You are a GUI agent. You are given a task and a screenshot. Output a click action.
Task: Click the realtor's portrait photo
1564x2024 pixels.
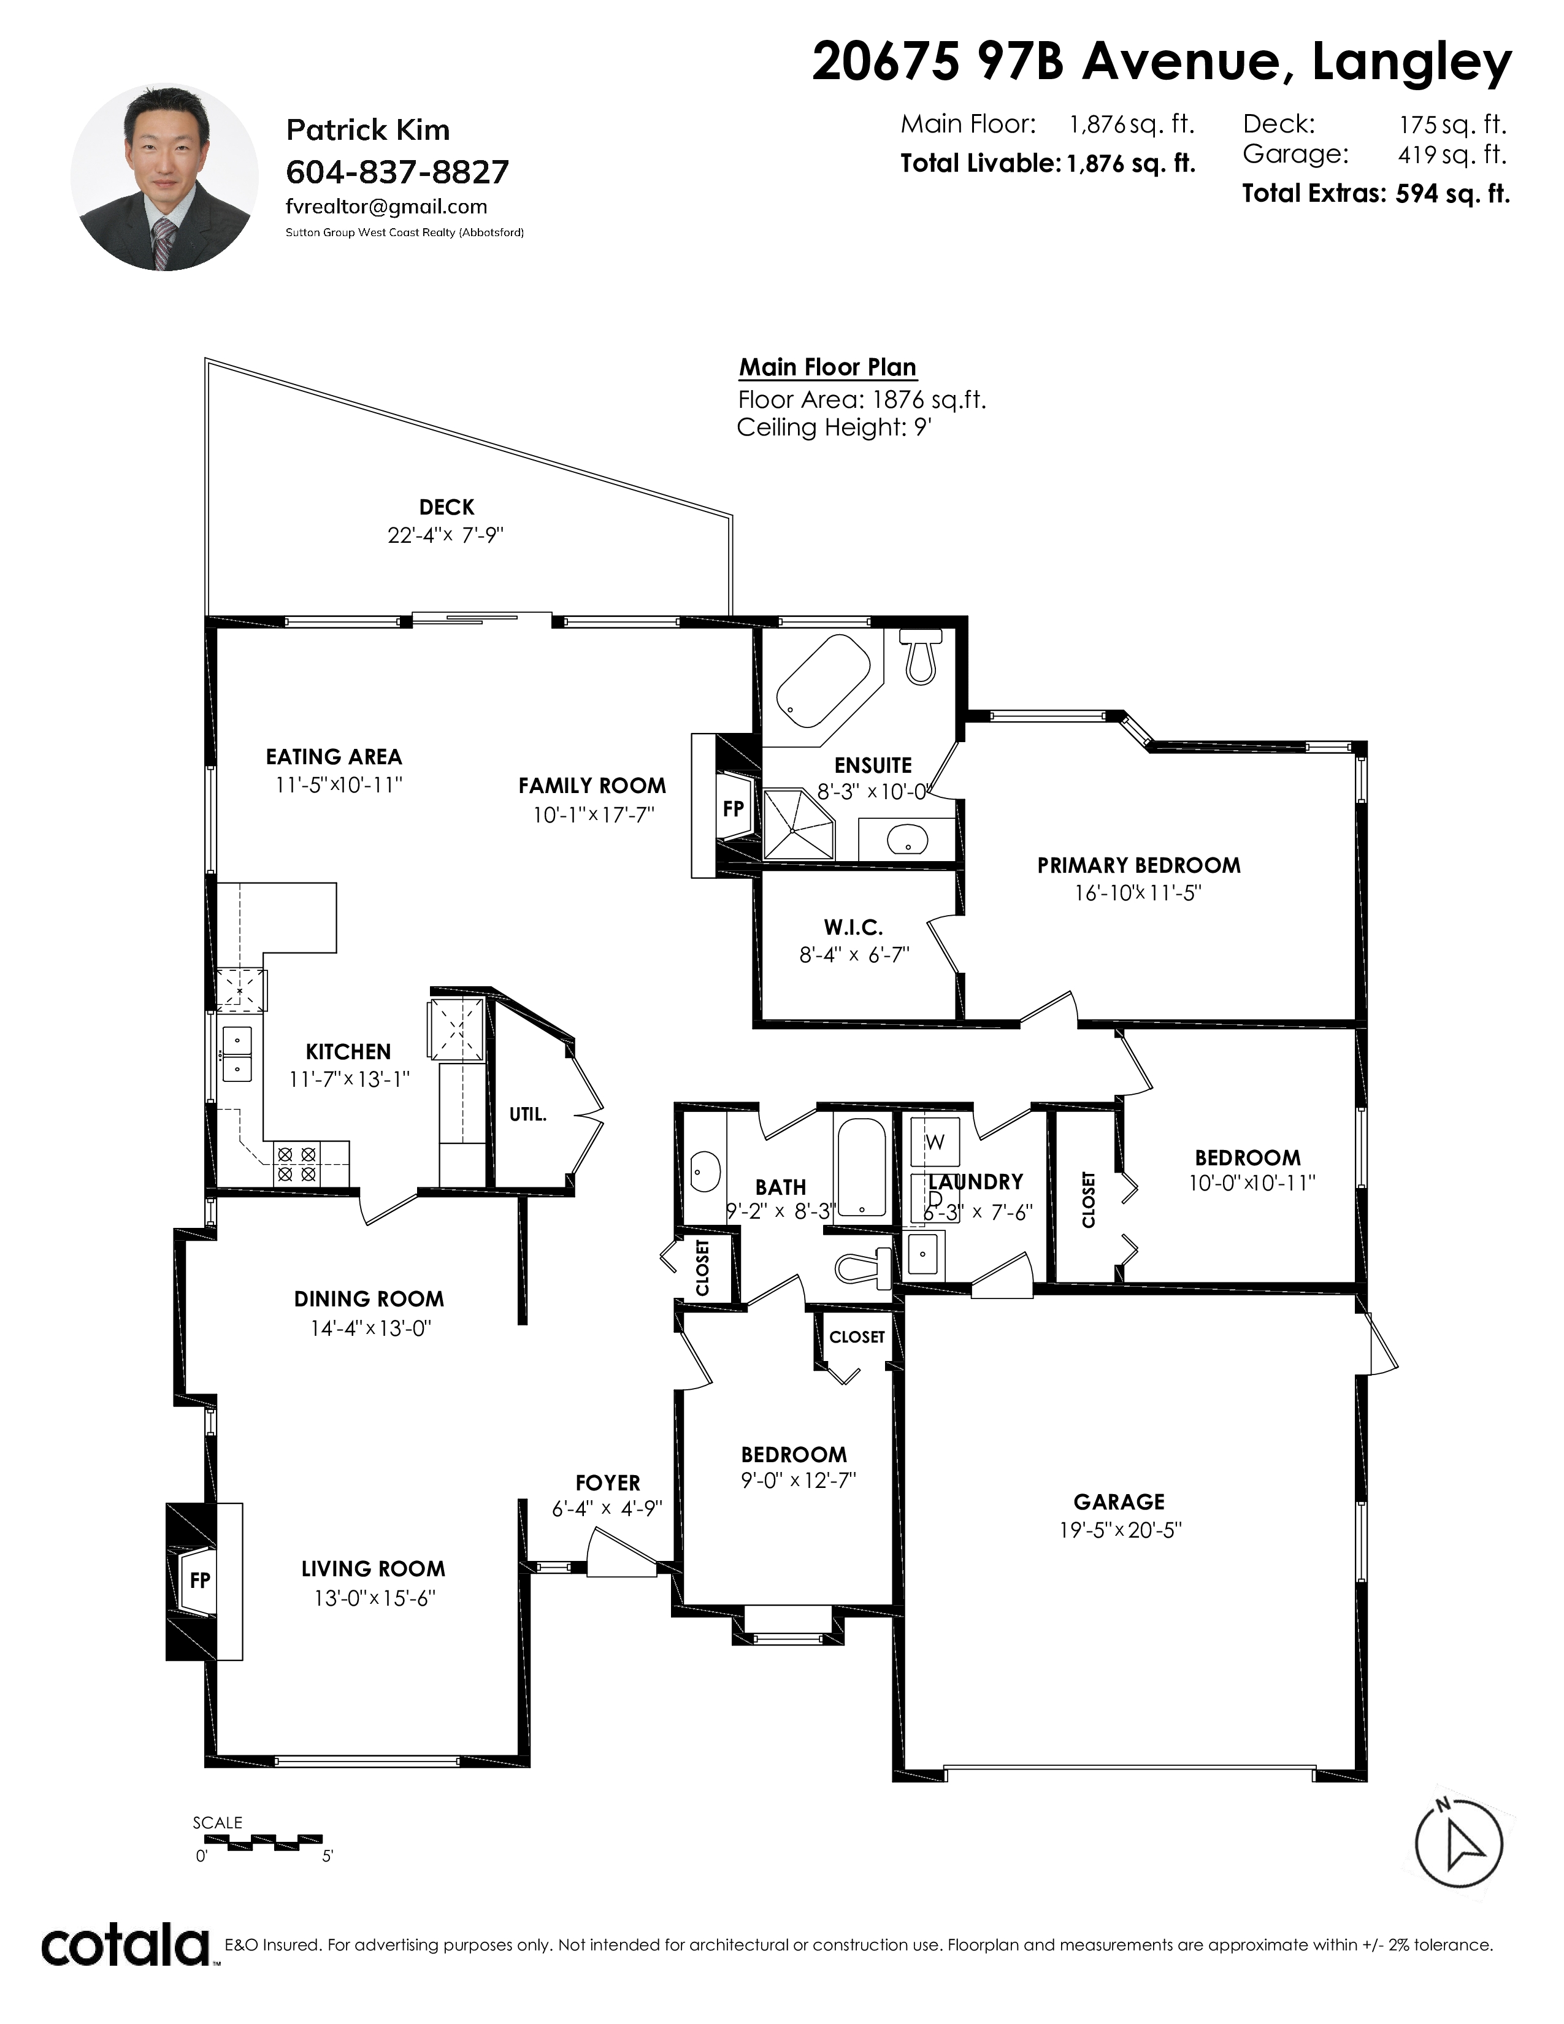pos(165,178)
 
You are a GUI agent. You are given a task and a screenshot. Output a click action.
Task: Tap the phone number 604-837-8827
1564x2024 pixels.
pos(397,172)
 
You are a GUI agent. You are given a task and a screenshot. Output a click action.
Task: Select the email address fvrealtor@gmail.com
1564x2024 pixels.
pos(386,207)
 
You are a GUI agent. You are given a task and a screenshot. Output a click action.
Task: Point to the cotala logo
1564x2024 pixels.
pos(126,1946)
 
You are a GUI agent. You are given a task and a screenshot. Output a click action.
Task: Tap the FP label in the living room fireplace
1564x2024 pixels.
pos(200,1580)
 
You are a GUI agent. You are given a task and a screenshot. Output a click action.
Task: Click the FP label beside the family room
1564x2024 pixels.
pos(733,809)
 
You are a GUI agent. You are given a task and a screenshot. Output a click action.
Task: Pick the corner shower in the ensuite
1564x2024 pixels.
pos(798,824)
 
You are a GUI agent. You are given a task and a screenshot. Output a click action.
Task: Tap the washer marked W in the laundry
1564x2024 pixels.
pos(935,1142)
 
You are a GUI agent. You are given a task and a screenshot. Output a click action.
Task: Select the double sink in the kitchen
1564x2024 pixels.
pos(237,1055)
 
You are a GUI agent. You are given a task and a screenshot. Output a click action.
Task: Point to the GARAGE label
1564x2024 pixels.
pos(1119,1502)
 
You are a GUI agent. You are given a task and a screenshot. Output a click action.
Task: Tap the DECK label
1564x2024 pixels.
pos(447,507)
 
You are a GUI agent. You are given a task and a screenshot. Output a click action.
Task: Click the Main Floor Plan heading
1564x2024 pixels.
pos(827,368)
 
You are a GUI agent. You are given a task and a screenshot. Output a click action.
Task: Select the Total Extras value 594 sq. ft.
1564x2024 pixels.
pos(1453,194)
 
